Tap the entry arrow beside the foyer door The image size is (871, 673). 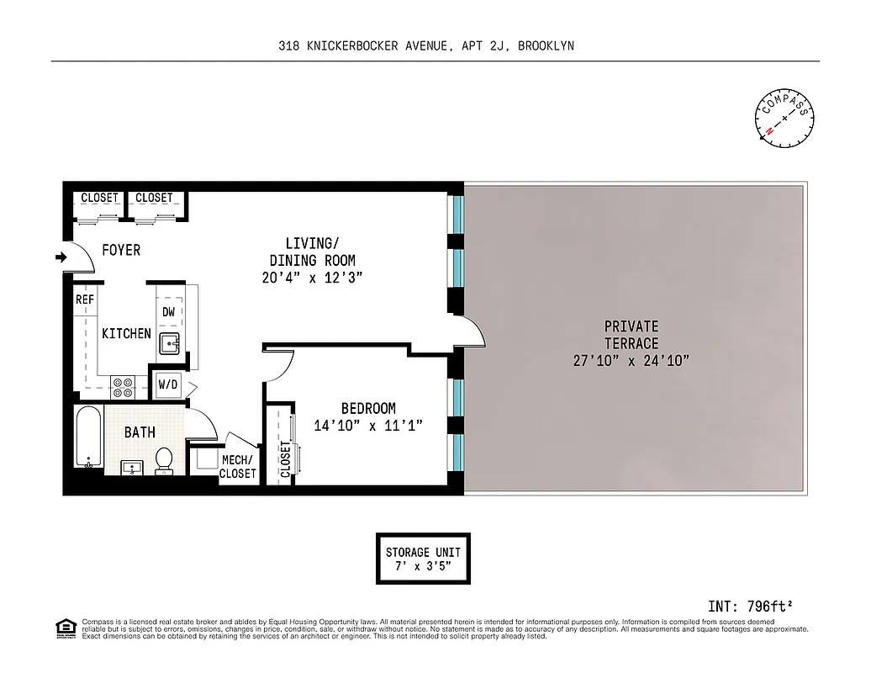tap(61, 257)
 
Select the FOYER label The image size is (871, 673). tap(121, 251)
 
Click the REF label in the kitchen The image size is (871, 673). tap(84, 299)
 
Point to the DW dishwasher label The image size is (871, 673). tap(168, 311)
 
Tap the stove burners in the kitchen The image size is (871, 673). tap(123, 385)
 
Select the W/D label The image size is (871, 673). tap(168, 385)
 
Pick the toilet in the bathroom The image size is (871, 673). tap(165, 459)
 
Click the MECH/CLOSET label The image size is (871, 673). tap(237, 467)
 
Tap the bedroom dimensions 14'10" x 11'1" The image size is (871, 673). tap(367, 426)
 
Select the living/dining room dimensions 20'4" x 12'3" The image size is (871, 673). tap(312, 278)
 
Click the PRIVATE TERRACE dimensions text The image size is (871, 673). tap(631, 361)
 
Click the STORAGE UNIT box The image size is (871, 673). tap(423, 559)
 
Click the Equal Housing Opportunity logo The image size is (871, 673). tap(64, 628)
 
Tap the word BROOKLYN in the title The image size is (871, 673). tap(546, 46)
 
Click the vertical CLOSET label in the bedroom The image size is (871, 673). tap(285, 459)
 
